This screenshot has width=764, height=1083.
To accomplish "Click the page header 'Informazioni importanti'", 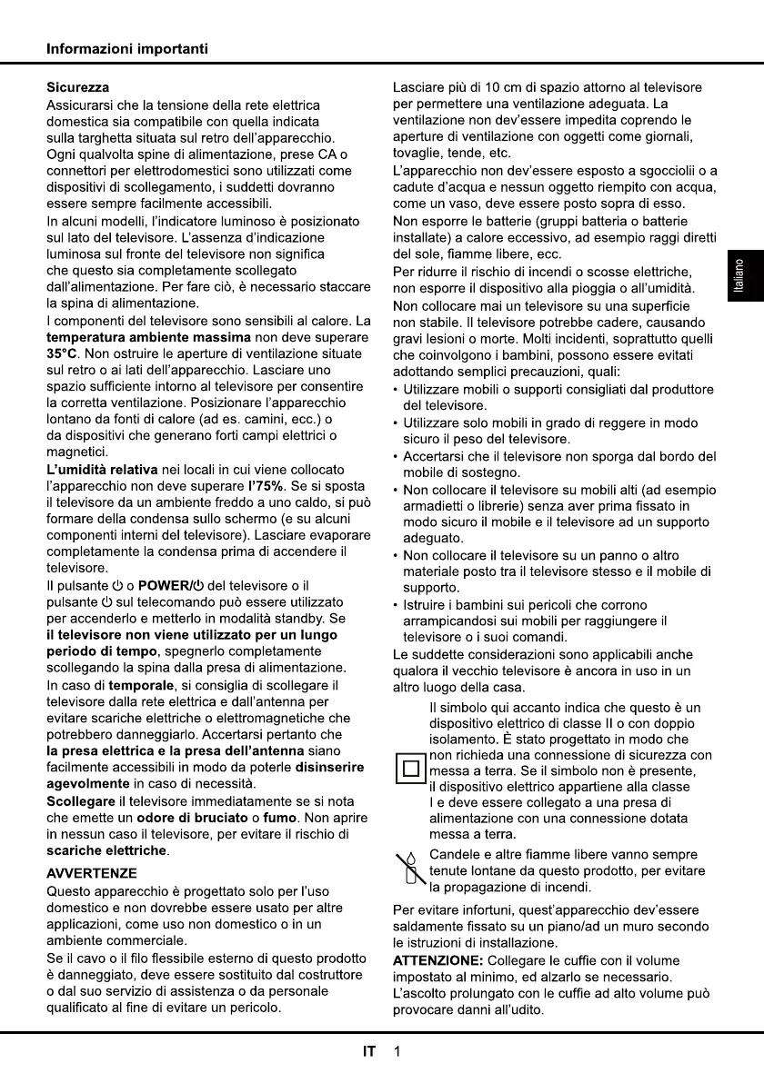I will point(127,49).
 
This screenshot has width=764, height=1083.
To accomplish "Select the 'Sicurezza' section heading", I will point(78,88).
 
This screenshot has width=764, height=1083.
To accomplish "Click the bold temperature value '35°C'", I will point(62,353).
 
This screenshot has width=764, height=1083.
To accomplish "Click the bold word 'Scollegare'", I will point(80,801).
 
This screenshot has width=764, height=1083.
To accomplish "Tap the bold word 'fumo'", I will point(280,818).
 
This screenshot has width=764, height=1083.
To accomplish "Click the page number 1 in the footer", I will point(397,1052).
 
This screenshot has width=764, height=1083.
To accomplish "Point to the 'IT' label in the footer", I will point(369,1052).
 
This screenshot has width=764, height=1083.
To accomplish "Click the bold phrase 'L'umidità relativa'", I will point(102,470).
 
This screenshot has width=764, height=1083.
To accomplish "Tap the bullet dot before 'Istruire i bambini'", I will point(396,605).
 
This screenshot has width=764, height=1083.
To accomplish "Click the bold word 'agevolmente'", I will point(88,784).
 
